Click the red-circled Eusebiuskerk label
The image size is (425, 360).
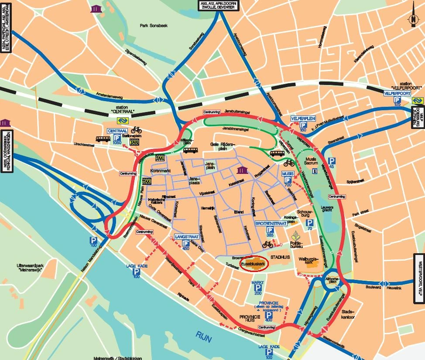tap(256, 265)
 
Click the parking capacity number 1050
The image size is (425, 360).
tap(117, 143)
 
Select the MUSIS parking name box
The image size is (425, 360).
tap(288, 173)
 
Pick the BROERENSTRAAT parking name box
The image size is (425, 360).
tap(271, 223)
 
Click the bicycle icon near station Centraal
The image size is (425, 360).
tap(136, 130)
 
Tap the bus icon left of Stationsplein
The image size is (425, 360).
tap(103, 139)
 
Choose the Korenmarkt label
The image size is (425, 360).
tap(159, 170)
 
